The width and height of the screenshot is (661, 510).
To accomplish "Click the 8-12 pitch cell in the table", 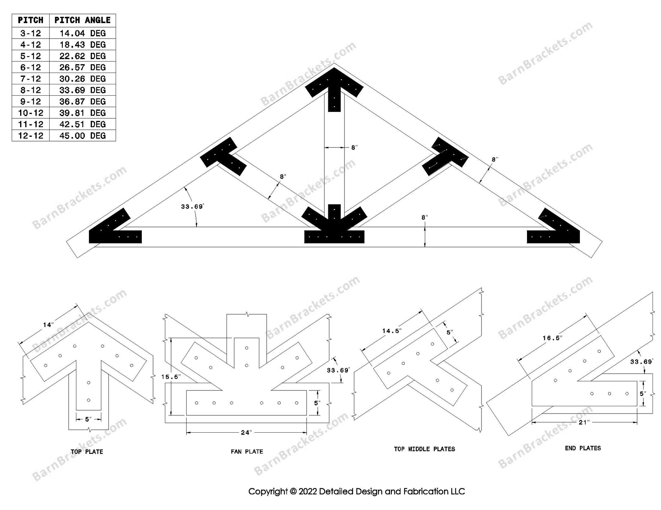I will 30,90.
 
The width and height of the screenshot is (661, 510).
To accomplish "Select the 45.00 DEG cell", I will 82,136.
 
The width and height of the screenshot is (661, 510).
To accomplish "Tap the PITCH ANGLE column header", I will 82,20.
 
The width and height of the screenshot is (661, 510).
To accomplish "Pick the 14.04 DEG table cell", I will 82,33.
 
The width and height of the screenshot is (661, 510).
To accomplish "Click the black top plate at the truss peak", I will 334,88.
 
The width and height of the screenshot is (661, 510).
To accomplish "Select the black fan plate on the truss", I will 334,229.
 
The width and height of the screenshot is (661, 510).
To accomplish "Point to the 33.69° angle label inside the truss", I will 192,207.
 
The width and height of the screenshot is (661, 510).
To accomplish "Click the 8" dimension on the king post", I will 354,147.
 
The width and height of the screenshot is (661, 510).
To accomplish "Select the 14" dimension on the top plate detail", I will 48,325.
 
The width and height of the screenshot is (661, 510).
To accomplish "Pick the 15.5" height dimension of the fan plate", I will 171,377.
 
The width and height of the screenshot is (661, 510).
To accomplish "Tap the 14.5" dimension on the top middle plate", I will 391,331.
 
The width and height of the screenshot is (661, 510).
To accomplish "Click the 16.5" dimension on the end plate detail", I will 552,338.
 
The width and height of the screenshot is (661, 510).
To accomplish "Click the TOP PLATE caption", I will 87,452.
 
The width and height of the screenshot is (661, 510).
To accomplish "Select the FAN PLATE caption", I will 247,452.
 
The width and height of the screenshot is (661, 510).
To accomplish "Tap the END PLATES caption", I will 583,448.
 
